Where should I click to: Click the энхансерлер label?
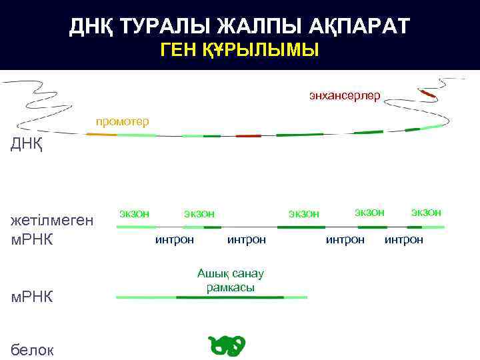coord(344,96)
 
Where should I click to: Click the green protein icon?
coord(227,345)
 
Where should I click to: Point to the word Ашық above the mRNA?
coord(213,273)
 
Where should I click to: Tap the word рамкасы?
coord(231,287)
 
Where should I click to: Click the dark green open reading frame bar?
coord(229,297)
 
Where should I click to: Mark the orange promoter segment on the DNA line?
coord(101,134)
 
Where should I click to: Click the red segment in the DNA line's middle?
coord(248,135)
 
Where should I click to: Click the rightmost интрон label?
coord(403,239)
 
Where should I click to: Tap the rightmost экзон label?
coord(426,212)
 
